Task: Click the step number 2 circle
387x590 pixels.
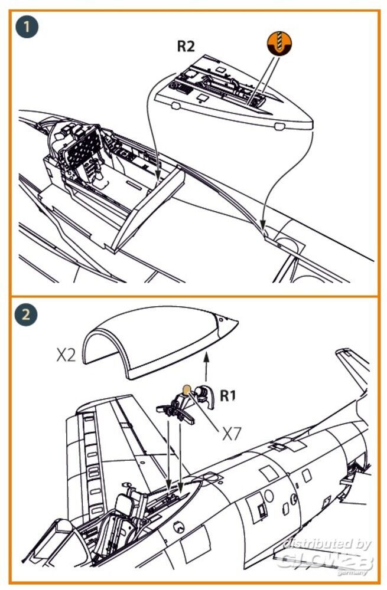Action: tap(25, 314)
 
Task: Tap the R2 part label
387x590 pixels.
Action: tap(186, 46)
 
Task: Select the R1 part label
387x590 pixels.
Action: tap(228, 395)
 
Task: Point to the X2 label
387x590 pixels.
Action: tap(66, 355)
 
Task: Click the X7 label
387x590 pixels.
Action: tap(232, 435)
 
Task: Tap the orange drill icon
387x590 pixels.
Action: tap(279, 43)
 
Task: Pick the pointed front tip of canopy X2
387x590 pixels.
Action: tap(238, 322)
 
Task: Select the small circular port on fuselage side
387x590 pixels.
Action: tap(269, 496)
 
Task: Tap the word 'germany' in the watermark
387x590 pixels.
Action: tap(352, 573)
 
